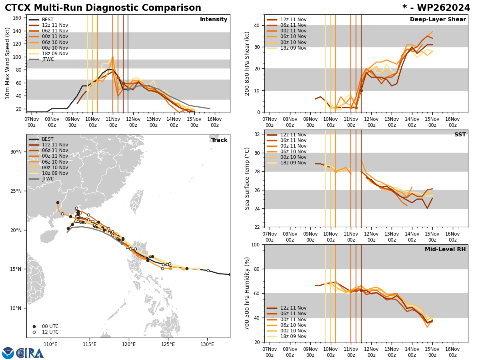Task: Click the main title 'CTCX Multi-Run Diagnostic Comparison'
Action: click(x=103, y=8)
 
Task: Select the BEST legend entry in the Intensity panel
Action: click(x=47, y=20)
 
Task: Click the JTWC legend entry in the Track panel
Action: click(x=48, y=179)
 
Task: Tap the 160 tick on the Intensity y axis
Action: click(x=18, y=18)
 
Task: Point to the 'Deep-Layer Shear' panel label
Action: click(x=438, y=20)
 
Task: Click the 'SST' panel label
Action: click(x=460, y=135)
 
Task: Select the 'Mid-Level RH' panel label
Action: click(x=445, y=250)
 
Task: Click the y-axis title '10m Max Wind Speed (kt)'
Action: click(x=7, y=63)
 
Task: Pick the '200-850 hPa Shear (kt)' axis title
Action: click(x=247, y=63)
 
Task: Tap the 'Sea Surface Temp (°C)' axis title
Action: click(x=247, y=178)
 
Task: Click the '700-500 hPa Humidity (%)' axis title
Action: click(x=247, y=293)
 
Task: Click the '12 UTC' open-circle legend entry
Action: click(x=47, y=332)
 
